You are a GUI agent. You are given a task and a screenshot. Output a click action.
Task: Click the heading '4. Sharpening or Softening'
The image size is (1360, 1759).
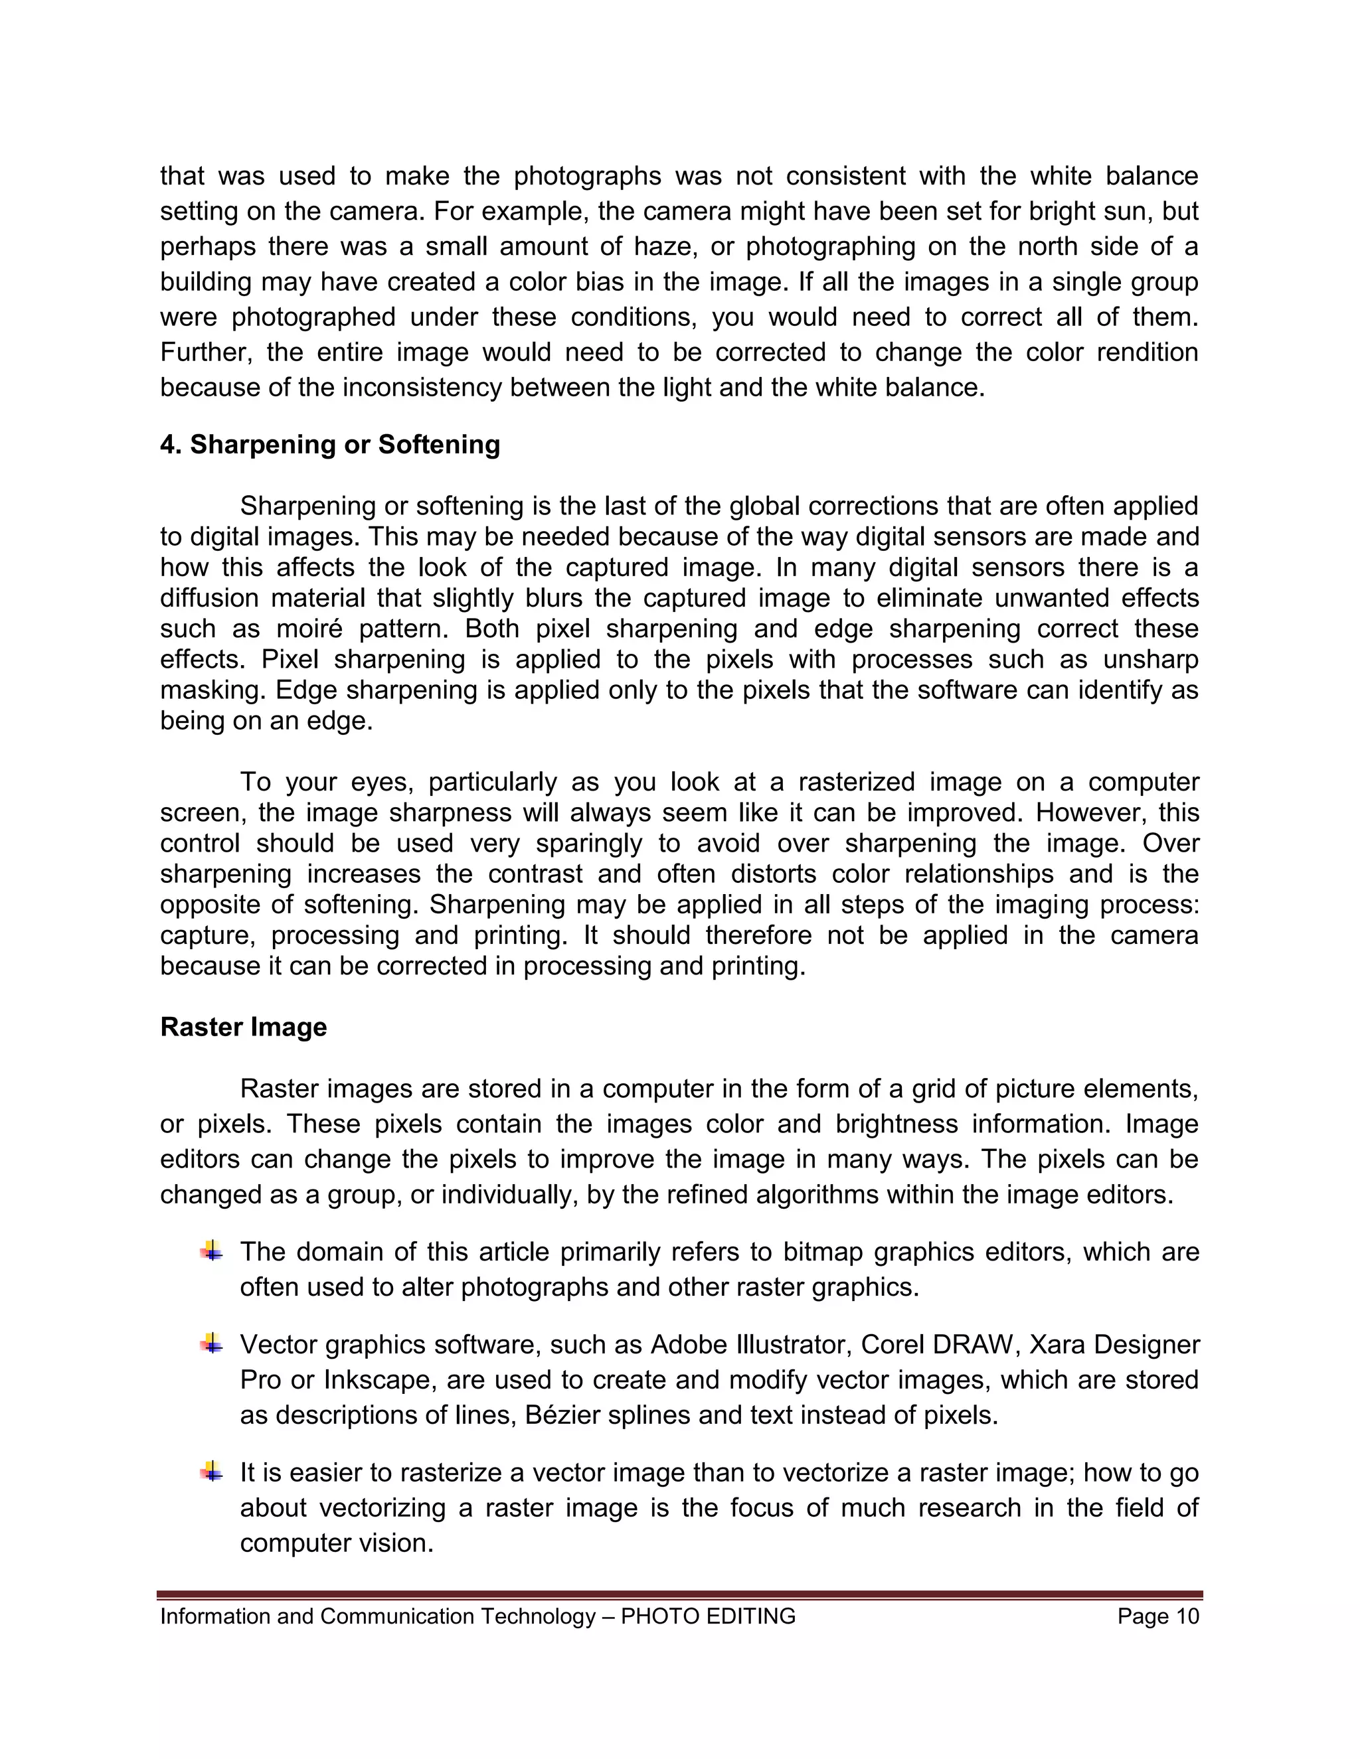[329, 445]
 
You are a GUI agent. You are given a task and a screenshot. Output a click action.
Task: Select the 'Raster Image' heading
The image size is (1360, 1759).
[243, 1027]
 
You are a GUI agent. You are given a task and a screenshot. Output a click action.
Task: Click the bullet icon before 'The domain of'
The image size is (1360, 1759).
[211, 1251]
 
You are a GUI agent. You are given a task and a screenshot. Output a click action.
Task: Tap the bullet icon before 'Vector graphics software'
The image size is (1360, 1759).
[211, 1343]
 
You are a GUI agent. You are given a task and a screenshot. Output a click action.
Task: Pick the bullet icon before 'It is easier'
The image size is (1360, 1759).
[211, 1472]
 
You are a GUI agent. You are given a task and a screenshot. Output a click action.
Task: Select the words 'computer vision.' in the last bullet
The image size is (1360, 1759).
[337, 1543]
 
